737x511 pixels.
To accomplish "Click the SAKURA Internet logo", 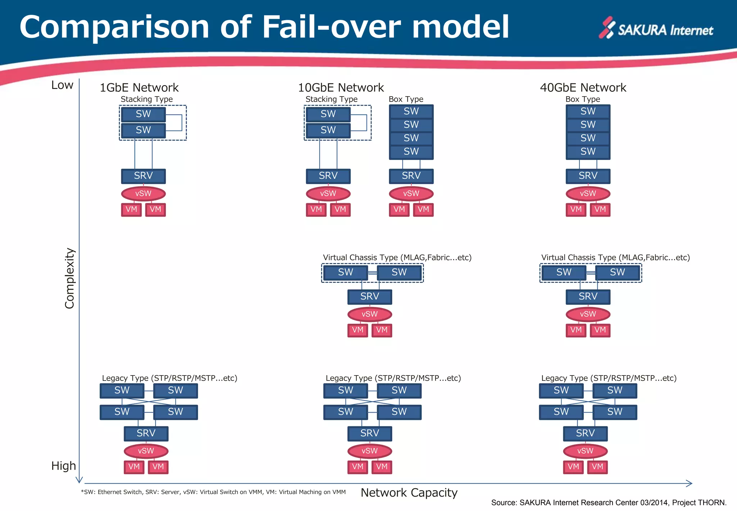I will pos(656,28).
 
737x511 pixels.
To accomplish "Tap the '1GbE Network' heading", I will pos(139,88).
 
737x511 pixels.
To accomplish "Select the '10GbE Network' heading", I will pos(341,88).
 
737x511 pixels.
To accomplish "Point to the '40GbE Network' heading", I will pos(583,88).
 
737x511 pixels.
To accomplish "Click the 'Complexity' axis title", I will pos(69,278).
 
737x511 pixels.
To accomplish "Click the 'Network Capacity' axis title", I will pos(409,493).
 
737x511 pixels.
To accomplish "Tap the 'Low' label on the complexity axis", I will pos(62,85).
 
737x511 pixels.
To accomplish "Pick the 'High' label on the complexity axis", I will pos(63,466).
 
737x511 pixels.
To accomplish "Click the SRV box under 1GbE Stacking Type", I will pos(143,176).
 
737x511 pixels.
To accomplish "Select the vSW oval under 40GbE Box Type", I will pos(588,194).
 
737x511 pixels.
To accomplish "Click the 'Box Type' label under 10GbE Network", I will pos(406,99).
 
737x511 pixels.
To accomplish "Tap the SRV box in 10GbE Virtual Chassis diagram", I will pos(370,297).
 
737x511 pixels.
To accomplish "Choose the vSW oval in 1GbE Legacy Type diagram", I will pos(146,451).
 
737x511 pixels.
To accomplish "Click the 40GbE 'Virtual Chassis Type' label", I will pos(615,258).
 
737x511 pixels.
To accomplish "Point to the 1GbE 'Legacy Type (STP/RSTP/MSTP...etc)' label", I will pos(169,378).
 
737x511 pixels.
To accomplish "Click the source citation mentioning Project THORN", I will pos(609,503).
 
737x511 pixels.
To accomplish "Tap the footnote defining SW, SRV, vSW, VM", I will pos(213,492).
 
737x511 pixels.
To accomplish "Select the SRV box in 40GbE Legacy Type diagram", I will pos(585,434).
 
